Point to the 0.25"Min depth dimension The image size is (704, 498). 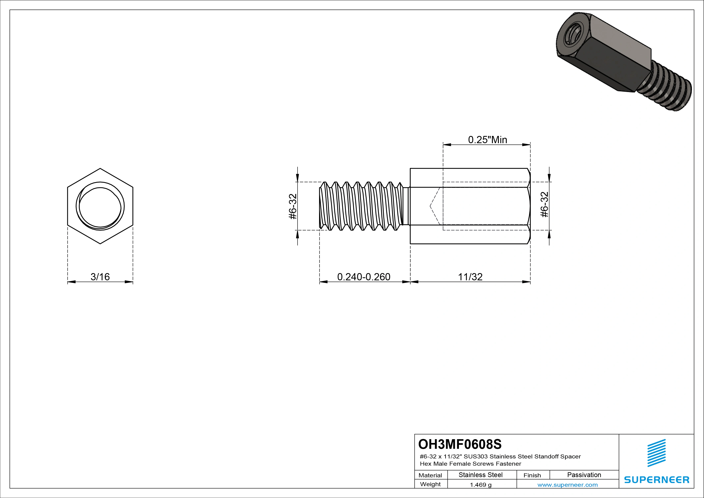(x=487, y=140)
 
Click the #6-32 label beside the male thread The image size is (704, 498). (x=293, y=206)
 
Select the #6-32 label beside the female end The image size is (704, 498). (x=544, y=205)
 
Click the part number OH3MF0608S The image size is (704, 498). (x=460, y=444)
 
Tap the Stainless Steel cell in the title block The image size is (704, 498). (x=480, y=475)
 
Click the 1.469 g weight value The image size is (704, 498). (x=480, y=485)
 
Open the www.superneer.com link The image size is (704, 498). (x=567, y=485)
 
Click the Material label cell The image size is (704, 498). (x=430, y=475)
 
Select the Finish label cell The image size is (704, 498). (x=532, y=475)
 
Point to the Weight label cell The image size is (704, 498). (x=430, y=484)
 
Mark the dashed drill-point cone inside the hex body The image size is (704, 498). (x=435, y=206)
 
